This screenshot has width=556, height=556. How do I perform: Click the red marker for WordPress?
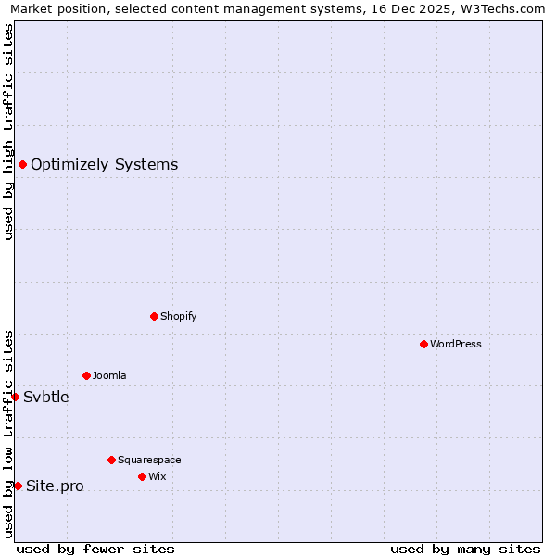click(423, 344)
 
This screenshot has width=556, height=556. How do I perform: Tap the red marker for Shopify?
click(154, 316)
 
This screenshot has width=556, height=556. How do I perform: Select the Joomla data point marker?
click(86, 375)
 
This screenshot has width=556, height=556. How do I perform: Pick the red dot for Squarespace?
click(111, 460)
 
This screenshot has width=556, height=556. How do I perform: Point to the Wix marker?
click(142, 476)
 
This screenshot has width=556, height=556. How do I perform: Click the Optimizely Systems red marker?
click(22, 164)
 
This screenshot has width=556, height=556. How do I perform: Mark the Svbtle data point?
click(15, 397)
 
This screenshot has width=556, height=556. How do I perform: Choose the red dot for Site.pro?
click(18, 486)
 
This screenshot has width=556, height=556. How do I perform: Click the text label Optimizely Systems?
click(104, 165)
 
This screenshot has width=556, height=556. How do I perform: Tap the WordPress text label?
click(455, 345)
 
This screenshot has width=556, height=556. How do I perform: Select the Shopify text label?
click(178, 317)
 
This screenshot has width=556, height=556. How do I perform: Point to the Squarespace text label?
click(149, 461)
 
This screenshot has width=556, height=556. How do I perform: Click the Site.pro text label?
click(55, 486)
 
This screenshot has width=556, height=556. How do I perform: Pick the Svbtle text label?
click(46, 398)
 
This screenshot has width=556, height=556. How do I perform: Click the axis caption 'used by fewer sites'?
click(95, 549)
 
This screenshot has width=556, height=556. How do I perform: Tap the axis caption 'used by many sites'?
click(465, 549)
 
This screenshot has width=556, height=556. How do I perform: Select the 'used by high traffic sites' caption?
click(8, 132)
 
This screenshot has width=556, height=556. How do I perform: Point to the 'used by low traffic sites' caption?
click(8, 434)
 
